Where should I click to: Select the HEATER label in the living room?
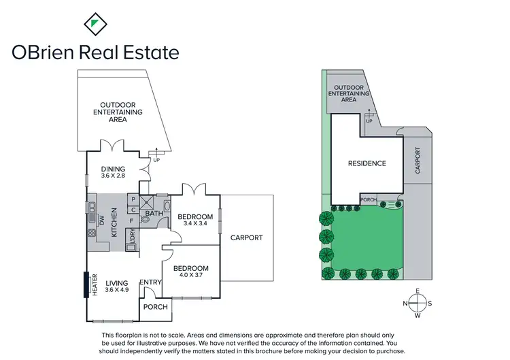tap(95, 284)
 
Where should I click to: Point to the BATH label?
tap(154, 214)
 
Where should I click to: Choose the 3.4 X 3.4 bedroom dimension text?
tap(195, 223)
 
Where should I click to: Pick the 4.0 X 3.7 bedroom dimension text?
tap(190, 274)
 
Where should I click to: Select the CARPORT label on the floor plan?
tap(246, 238)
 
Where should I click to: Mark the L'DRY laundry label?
tap(133, 235)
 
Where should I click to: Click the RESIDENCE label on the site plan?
tap(367, 163)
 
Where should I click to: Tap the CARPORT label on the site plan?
tap(418, 163)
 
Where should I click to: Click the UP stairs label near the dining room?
tap(156, 160)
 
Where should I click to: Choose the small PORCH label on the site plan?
tap(367, 200)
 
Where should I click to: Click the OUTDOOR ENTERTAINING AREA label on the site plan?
tap(348, 93)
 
